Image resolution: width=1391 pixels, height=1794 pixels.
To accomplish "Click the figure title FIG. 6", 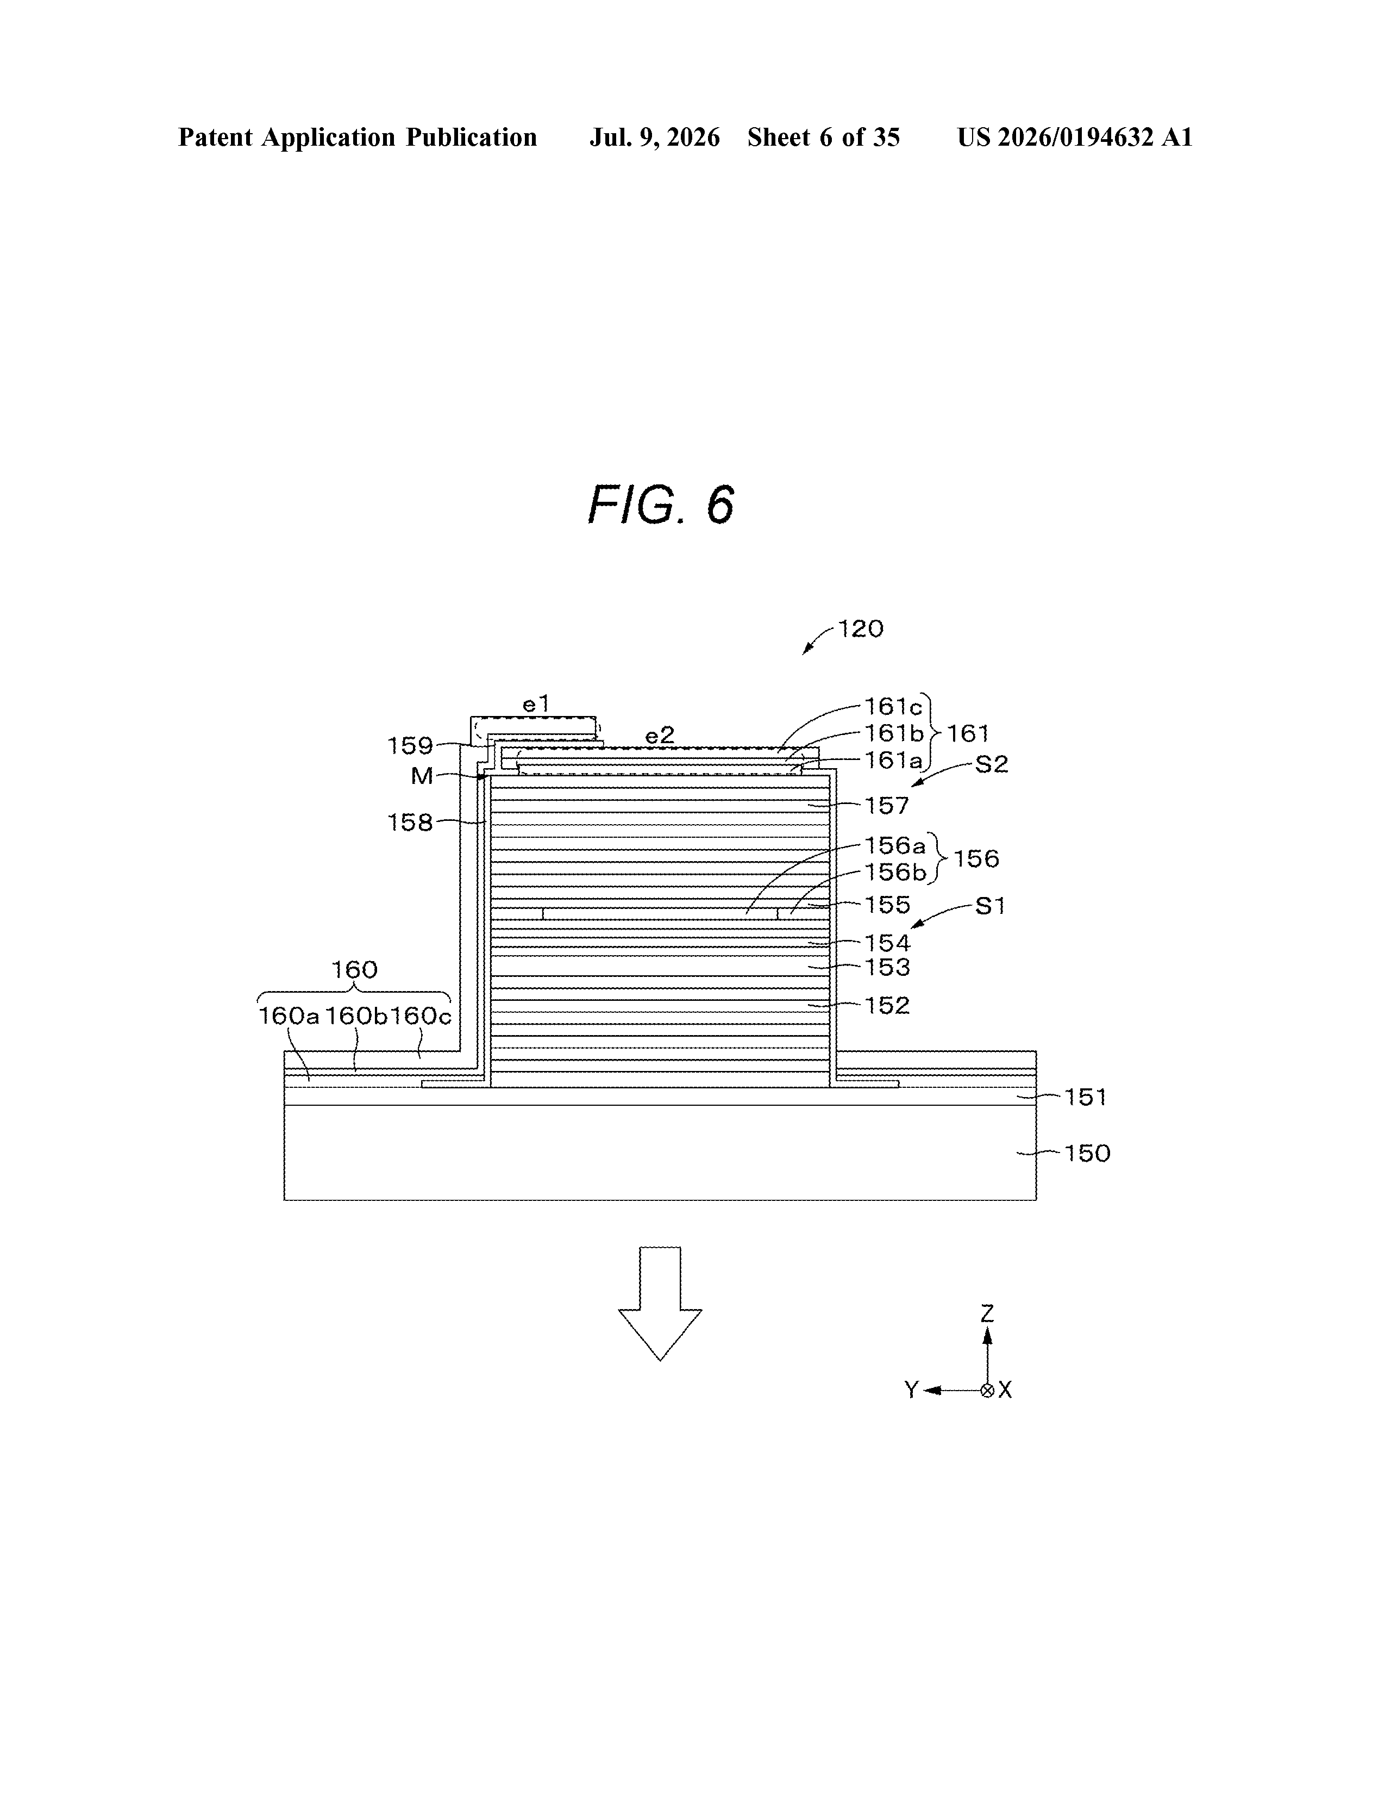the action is click(661, 504).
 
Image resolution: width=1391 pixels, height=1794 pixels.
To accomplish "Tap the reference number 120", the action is click(861, 629).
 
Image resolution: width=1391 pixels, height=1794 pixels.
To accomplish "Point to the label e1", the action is click(536, 704).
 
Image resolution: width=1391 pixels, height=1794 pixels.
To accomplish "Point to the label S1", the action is click(991, 906).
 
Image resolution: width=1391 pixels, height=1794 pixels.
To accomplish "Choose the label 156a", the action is click(895, 845).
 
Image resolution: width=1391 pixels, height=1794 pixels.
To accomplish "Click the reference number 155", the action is click(888, 905).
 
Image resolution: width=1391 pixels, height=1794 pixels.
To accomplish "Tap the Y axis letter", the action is click(911, 1390).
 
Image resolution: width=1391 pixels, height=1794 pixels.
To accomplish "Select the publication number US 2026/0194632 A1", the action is click(1075, 137).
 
